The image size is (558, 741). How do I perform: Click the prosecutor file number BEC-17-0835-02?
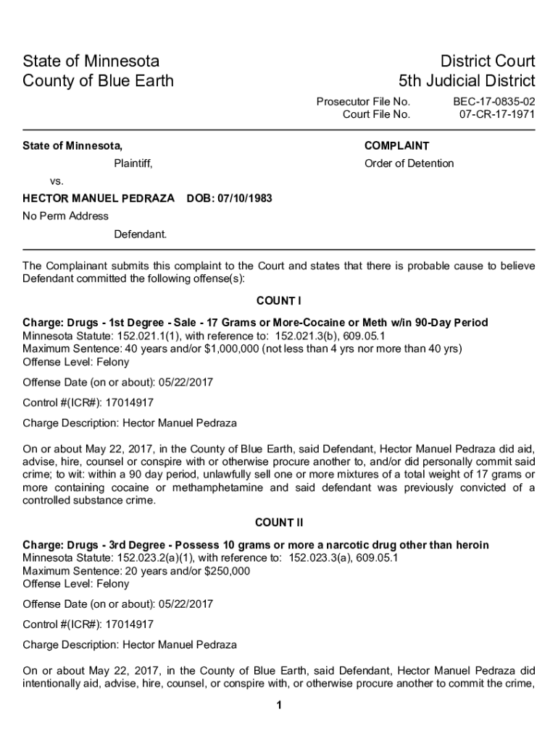pos(494,102)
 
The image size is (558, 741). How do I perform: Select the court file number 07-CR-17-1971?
pos(497,114)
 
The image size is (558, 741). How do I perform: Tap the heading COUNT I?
pos(279,300)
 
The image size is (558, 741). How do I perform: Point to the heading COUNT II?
pos(279,522)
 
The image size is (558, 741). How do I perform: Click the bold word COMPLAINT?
pos(396,146)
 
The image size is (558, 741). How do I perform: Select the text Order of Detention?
pos(409,164)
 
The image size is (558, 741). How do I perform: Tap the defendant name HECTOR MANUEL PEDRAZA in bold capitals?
pos(99,198)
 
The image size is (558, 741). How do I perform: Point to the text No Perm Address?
pos(66,216)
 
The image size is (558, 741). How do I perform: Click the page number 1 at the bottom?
pos(279,706)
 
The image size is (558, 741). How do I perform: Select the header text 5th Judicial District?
pos(467,80)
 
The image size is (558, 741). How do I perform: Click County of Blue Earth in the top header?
pos(99,80)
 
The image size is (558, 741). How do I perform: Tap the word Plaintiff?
pos(133,164)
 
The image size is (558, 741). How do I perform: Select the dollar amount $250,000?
pos(228,571)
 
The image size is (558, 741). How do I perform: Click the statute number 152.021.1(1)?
pos(143,336)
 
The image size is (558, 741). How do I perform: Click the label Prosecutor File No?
pos(363,102)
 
